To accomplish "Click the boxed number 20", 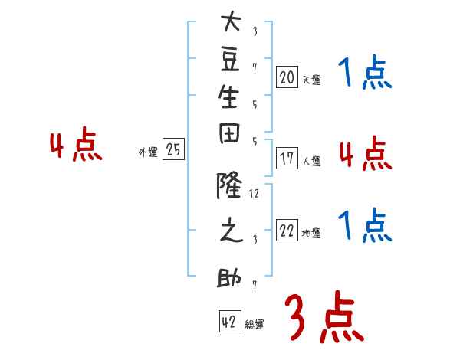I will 287,77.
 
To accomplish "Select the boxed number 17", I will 287,159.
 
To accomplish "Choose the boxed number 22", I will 287,231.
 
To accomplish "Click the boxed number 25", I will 173,150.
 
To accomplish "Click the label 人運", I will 311,162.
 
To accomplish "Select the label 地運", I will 311,234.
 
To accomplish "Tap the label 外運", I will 147,152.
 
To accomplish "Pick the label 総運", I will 255,325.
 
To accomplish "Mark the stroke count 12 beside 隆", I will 255,195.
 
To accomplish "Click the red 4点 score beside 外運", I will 76,146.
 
